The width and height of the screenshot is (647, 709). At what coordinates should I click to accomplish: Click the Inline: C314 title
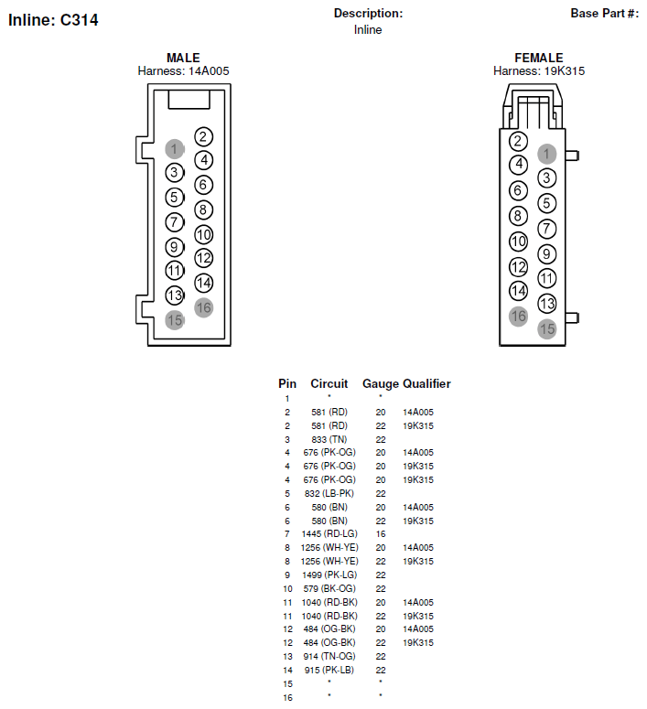[53, 20]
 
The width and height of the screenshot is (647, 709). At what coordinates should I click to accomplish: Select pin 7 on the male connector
[174, 222]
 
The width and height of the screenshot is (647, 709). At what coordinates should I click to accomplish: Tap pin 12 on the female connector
[518, 267]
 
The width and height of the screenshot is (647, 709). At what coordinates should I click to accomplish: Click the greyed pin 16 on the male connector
[203, 308]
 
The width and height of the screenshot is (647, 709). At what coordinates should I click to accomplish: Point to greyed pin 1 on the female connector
[546, 154]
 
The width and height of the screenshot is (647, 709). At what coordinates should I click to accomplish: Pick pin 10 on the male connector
[203, 234]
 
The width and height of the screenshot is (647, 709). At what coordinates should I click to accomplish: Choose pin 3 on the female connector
[546, 177]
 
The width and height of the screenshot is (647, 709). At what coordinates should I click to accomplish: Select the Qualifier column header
[426, 383]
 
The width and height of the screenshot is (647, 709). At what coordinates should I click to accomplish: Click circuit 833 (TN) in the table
[329, 439]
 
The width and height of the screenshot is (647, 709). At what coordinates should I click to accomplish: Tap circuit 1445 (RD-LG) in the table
[329, 534]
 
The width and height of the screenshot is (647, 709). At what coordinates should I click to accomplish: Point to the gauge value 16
[381, 534]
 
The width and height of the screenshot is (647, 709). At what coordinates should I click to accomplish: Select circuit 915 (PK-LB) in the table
[329, 670]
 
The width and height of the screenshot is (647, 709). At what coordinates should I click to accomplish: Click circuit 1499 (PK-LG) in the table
[329, 575]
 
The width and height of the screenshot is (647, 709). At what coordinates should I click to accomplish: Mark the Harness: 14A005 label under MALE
[183, 71]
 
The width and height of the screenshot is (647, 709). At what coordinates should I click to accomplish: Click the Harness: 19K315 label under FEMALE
[539, 71]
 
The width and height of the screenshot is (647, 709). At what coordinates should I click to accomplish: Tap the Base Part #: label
[605, 14]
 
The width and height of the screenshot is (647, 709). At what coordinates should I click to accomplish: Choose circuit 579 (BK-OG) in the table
[329, 589]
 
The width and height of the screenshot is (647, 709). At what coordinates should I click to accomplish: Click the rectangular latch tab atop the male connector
[189, 100]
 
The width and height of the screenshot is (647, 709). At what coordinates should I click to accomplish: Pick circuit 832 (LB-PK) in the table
[329, 493]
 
